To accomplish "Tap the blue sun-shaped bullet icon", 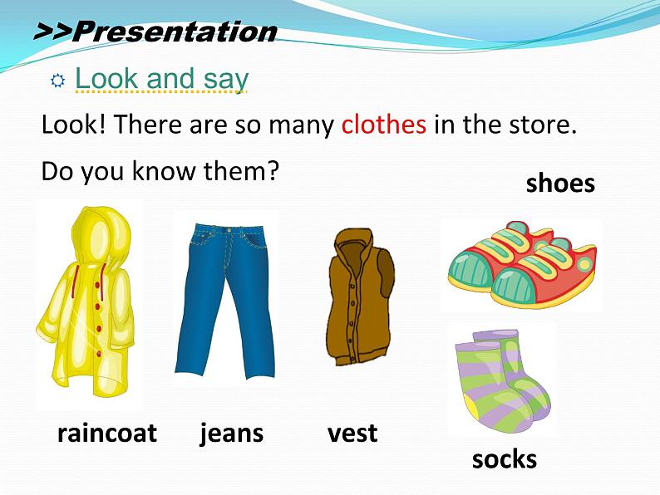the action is pos(57,81).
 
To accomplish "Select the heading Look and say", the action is pos(161,79).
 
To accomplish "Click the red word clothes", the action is pos(383,125).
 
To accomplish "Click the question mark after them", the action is pos(273,171).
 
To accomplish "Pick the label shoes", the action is pos(560,184).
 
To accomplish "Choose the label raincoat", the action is pos(107,433).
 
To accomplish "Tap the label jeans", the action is pos(232,434).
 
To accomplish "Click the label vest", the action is pos(352,434).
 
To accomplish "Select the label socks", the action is pos(505,458).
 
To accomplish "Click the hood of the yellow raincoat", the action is pos(101,235).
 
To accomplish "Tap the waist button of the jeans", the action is pos(229,230).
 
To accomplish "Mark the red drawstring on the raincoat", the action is pos(75,281).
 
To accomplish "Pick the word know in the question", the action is pos(165,171).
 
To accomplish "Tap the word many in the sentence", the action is pos(302,126).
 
